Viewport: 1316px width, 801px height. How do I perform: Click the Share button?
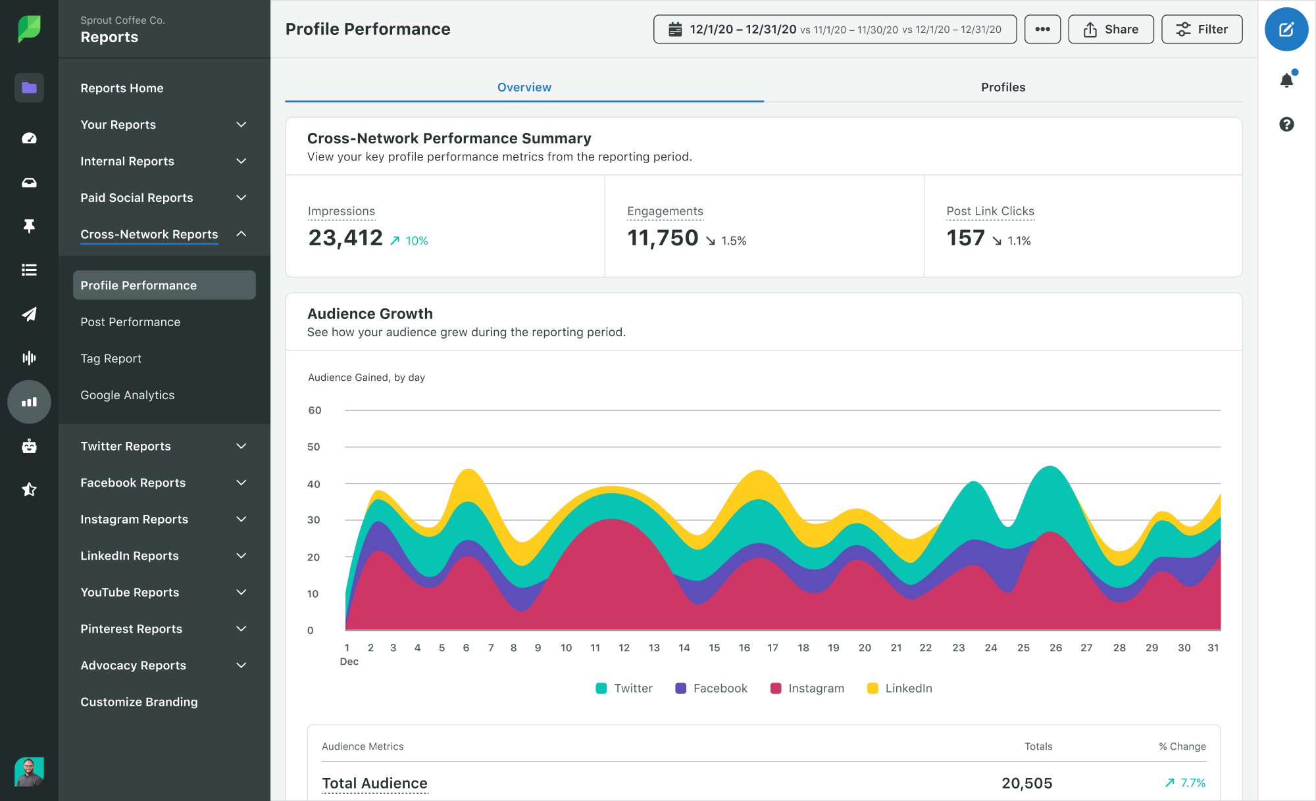1111,30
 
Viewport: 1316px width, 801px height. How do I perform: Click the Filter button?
1202,30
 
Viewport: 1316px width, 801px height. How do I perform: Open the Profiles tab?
1003,87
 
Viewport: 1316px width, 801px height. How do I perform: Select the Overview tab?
524,87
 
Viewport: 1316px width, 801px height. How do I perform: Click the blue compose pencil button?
1286,30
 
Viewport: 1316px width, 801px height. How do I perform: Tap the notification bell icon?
1286,80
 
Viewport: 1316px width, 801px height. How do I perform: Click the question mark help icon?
1286,124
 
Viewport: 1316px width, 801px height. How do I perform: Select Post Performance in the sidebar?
130,322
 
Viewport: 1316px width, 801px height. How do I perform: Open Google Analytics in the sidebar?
128,395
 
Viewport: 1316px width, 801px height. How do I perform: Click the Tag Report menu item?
111,358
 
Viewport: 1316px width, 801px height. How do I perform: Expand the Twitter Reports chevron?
241,447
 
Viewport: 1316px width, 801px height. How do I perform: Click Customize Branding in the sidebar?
139,702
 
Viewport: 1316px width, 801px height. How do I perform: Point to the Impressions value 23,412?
345,238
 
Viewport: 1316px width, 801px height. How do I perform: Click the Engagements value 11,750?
663,238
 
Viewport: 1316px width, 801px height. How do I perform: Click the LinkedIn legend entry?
900,689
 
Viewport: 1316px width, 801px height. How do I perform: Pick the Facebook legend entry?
711,689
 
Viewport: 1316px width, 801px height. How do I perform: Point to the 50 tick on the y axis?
314,447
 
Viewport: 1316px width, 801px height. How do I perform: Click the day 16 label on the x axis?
744,648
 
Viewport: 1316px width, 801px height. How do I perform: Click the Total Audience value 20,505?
1026,783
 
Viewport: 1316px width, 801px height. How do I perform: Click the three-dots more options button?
1042,30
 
